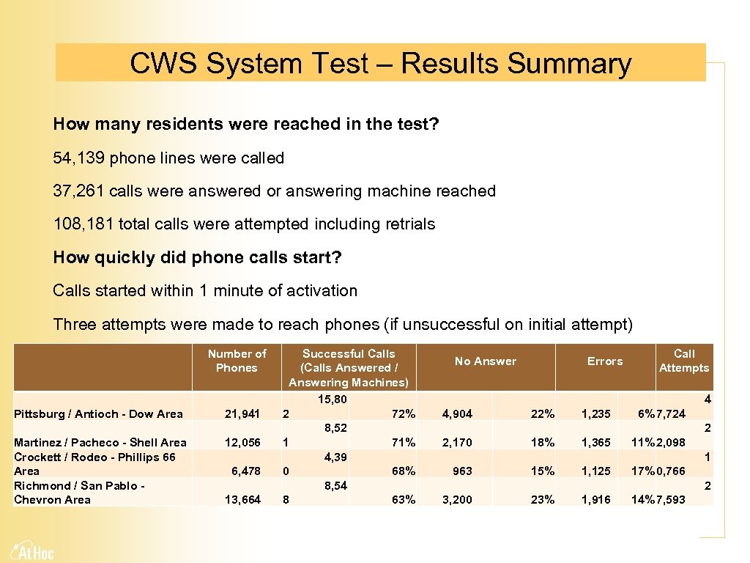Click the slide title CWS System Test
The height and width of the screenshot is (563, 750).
click(380, 64)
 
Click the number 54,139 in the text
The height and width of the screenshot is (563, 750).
click(79, 158)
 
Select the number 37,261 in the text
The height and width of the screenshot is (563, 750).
click(79, 191)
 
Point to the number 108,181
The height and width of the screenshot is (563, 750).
click(83, 224)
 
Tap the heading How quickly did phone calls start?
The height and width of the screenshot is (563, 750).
click(197, 257)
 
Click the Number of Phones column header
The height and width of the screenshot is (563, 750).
click(237, 361)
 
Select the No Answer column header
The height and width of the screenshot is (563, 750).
click(485, 361)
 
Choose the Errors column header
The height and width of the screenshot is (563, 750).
click(604, 361)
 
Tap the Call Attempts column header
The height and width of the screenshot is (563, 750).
click(683, 361)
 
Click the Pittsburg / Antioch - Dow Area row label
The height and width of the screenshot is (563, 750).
click(98, 414)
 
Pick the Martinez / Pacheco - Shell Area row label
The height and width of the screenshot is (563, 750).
click(100, 442)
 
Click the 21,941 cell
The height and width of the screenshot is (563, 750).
click(242, 414)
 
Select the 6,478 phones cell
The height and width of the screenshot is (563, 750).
click(245, 471)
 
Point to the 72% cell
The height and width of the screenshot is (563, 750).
click(403, 414)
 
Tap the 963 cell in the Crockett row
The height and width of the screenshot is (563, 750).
click(462, 471)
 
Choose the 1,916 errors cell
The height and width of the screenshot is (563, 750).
click(595, 499)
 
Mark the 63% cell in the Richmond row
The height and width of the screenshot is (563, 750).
click(403, 499)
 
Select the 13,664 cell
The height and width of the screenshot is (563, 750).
click(242, 499)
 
